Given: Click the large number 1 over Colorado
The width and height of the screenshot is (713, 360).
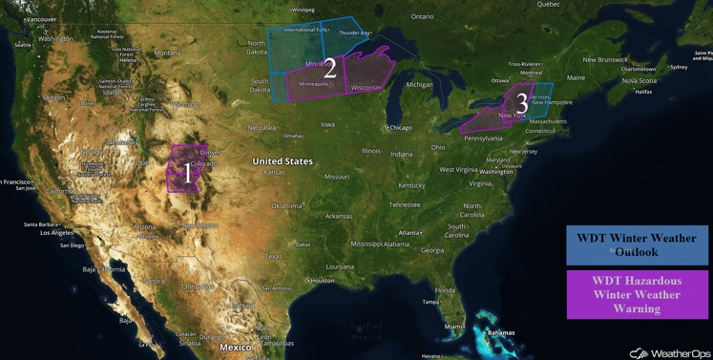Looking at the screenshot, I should click(187, 174).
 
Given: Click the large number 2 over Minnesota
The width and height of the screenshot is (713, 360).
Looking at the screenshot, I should click(330, 69).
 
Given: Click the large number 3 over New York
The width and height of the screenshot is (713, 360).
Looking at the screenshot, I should click(521, 101).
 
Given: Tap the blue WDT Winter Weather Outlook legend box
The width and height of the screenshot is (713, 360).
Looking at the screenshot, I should click(636, 244).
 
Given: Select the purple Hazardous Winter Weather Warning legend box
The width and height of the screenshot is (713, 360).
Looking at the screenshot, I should click(636, 294).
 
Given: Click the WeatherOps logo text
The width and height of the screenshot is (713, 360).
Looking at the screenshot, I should click(674, 353).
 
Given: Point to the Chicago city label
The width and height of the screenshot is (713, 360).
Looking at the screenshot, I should click(400, 127).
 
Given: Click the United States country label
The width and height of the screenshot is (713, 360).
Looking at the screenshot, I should click(282, 161).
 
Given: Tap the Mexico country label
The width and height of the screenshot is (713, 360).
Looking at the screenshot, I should click(235, 347).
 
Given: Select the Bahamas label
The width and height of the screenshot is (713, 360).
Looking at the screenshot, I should click(500, 333).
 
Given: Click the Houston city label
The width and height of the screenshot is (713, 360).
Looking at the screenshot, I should click(322, 280).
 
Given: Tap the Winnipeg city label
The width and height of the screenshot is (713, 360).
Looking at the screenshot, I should click(302, 10).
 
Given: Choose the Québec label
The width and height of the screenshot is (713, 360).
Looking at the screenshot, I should click(548, 5).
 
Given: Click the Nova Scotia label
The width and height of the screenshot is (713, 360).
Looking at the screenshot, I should click(639, 81).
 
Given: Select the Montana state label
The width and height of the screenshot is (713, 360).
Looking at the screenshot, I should click(167, 53).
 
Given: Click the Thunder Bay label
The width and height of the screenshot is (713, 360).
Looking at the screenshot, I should click(354, 33).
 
